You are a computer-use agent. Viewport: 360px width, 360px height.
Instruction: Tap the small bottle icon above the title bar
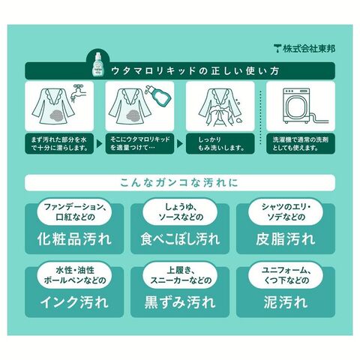click(x=98, y=64)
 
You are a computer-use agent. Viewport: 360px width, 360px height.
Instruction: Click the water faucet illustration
click(x=78, y=93)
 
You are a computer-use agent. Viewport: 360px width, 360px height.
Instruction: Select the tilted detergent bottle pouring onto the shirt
click(x=160, y=96)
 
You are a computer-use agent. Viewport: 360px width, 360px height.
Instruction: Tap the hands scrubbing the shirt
click(x=220, y=115)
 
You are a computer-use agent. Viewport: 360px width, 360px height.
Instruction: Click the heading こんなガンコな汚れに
click(x=179, y=183)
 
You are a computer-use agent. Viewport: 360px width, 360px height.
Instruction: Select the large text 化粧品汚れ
click(x=74, y=239)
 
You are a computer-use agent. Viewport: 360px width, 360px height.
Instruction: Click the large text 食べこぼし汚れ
click(x=180, y=239)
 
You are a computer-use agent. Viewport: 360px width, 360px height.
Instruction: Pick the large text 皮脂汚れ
click(x=286, y=239)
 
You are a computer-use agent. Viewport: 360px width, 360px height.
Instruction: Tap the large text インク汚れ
click(x=74, y=302)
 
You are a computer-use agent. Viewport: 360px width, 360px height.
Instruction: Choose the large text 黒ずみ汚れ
click(x=180, y=302)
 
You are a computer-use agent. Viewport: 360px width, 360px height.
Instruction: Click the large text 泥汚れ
click(x=286, y=302)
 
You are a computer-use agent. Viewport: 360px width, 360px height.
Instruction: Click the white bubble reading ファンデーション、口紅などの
click(x=74, y=212)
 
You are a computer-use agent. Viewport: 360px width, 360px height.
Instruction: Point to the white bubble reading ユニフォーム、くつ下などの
click(x=286, y=275)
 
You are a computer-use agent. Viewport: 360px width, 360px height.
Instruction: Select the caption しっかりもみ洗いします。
click(x=220, y=144)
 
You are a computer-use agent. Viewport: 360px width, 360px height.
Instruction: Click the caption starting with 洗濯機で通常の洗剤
click(x=301, y=144)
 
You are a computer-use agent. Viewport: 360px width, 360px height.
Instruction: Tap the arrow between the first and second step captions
click(x=99, y=144)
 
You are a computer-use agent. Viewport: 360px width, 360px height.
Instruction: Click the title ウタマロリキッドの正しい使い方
click(x=195, y=71)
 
